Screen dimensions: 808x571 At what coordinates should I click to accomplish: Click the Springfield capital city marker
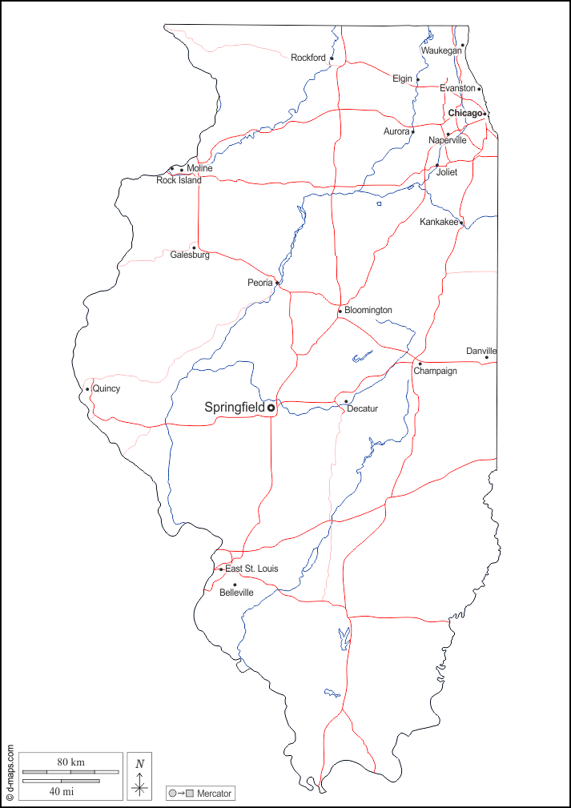click(271, 408)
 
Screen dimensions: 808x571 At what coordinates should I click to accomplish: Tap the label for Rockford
click(308, 58)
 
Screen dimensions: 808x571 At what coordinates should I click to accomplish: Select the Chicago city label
click(465, 114)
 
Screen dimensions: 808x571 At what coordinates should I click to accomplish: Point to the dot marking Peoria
click(277, 283)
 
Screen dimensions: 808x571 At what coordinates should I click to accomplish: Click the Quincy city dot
click(87, 389)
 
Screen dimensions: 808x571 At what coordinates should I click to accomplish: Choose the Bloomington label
click(368, 310)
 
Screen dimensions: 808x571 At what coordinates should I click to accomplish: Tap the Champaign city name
click(435, 371)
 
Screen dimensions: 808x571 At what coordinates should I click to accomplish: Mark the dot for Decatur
click(346, 401)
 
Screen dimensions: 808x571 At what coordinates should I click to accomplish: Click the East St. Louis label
click(251, 569)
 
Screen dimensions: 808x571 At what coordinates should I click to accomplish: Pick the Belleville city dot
click(235, 585)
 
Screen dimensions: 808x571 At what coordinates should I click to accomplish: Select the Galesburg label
click(190, 255)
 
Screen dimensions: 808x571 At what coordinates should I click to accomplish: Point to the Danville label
click(481, 351)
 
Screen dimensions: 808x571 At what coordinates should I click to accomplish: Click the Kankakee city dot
click(461, 222)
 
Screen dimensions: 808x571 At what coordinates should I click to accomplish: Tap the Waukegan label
click(441, 50)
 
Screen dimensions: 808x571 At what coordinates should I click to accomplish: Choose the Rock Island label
click(179, 180)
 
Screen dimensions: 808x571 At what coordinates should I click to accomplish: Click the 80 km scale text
click(70, 762)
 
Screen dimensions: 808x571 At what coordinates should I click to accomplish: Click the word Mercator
click(214, 794)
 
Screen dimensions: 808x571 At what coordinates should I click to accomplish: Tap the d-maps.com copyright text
click(10, 773)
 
